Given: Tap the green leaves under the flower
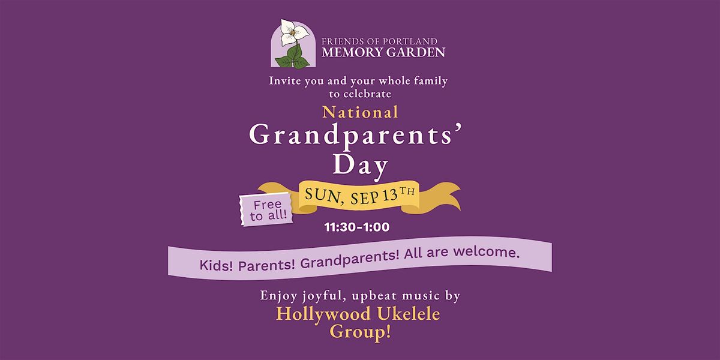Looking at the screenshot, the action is (293, 58).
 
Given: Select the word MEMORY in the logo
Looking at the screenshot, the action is (347, 52).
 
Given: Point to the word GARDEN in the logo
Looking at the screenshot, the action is (412, 52).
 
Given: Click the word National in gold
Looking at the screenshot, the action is (360, 113).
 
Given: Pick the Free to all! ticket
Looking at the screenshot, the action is (266, 209).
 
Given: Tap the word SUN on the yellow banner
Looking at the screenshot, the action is (322, 196).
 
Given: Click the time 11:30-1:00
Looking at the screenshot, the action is (357, 227).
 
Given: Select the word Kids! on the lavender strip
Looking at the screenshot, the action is (216, 266).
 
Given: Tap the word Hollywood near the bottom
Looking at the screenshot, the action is (323, 314).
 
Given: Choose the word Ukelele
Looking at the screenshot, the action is (409, 314).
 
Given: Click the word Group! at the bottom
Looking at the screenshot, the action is (361, 332).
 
